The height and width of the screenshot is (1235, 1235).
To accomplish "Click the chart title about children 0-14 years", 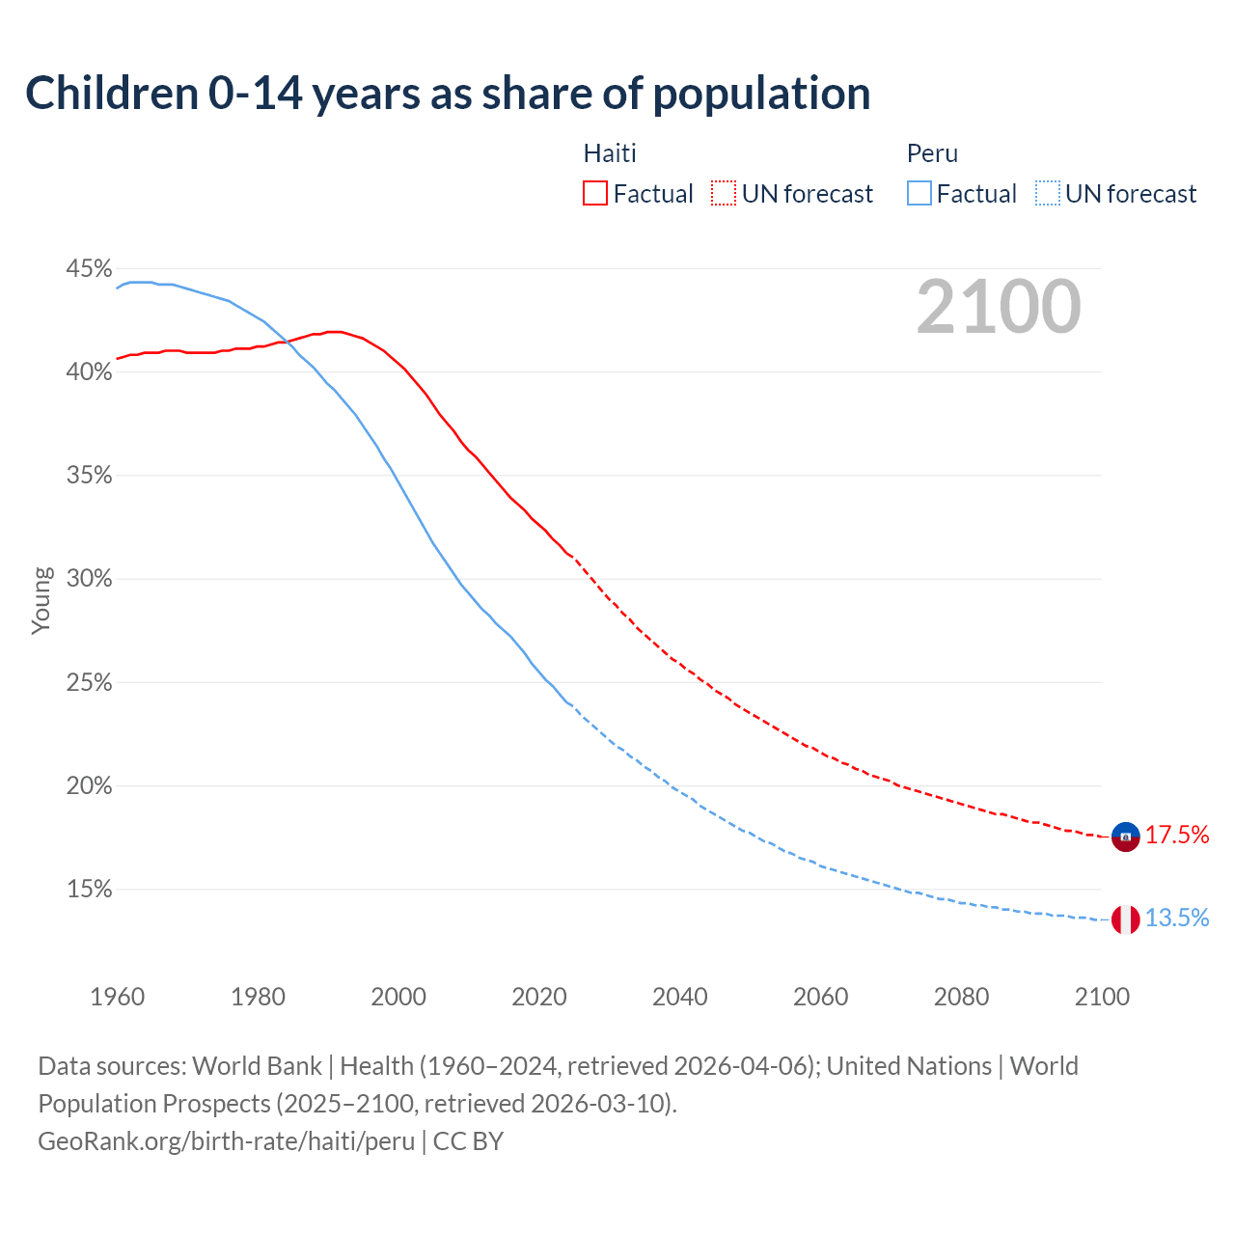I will [448, 94].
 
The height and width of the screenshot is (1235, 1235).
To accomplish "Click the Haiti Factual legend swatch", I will [595, 193].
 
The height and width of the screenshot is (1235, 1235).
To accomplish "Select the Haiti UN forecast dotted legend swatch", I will [724, 193].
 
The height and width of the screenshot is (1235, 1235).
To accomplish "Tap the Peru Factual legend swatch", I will [919, 193].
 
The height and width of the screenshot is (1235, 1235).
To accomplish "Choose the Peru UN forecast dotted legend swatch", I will [1048, 193].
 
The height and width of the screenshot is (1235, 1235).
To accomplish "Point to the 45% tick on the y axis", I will [89, 268].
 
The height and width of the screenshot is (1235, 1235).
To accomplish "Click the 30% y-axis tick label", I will [89, 579].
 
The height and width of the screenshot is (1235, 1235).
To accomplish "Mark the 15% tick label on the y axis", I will [89, 890].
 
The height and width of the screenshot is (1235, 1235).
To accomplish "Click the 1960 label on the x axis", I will [117, 997].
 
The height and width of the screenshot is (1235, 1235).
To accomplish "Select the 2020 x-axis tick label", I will [538, 997].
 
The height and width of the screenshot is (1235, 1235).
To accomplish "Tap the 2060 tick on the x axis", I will [820, 997].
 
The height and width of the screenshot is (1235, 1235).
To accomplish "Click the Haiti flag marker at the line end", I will [1125, 837].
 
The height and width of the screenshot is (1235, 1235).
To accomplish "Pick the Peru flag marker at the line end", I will [1125, 919].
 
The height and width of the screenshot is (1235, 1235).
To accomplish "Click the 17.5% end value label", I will [1177, 836].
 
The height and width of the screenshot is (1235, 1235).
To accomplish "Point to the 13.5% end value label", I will [1177, 919].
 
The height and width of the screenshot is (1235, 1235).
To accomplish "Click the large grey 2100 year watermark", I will [999, 307].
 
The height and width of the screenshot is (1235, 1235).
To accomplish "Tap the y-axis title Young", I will [41, 600].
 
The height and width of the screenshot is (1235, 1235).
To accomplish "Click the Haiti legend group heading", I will [610, 153].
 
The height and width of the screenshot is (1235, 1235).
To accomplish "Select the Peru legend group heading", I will [932, 153].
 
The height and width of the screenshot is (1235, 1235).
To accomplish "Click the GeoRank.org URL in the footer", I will [227, 1141].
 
